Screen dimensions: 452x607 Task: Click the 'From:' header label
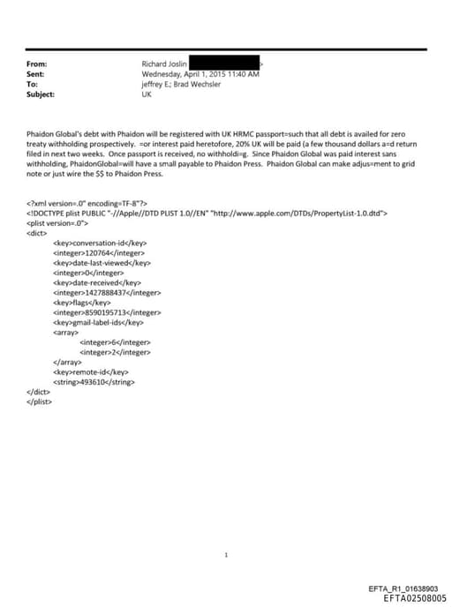pyautogui.click(x=37, y=64)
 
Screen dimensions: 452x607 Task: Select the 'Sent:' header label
pyautogui.click(x=37, y=74)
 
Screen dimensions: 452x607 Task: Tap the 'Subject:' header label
pyautogui.click(x=41, y=94)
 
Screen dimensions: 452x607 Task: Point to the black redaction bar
pyautogui.click(x=225, y=64)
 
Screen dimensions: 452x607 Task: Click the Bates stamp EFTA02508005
pyautogui.click(x=415, y=597)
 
